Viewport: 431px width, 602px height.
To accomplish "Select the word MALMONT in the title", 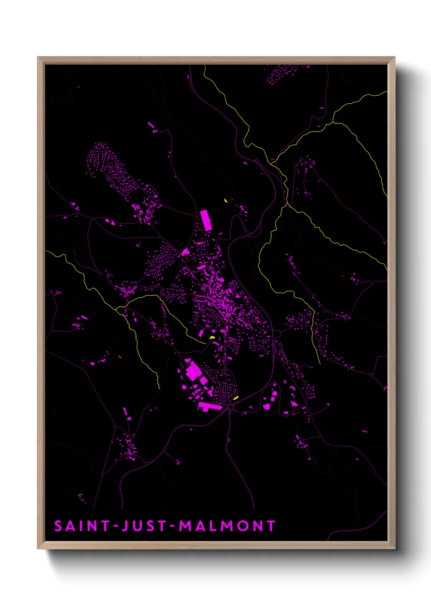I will pos(227,526).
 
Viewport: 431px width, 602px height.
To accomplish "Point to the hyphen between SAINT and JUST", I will pos(115,527).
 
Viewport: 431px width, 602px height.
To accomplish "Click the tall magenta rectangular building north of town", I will pos(206,220).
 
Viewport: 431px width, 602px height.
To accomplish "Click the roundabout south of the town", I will pos(231,406).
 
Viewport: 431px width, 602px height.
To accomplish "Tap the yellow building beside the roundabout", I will pos(236,398).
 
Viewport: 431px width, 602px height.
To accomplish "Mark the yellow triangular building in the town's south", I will pos(212,337).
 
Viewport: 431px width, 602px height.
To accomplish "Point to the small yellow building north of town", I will pos(226,200).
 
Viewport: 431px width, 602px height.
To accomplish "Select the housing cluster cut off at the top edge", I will pos(285,72).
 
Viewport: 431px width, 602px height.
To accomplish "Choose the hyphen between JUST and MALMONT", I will pos(172,527).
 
